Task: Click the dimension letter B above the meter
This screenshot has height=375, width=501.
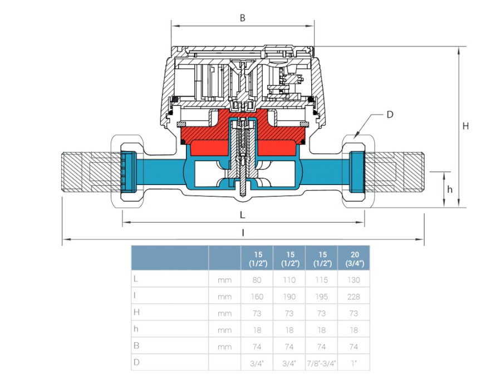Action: pos(242,18)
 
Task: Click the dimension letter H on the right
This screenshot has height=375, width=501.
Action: pos(465,126)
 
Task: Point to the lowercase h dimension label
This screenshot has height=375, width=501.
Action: pos(450,189)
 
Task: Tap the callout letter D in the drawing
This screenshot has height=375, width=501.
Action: pos(390,114)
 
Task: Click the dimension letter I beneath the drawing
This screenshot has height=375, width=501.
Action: pos(243,233)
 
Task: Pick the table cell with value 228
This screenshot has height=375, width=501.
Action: pos(353,297)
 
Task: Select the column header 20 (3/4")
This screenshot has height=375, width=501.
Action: pos(353,258)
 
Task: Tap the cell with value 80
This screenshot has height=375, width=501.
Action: pos(257,280)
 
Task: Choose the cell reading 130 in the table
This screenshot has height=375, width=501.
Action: pos(353,280)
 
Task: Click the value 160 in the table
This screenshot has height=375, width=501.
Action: pos(257,297)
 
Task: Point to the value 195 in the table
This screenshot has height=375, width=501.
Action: pos(321,297)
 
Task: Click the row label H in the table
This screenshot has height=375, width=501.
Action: pos(136,313)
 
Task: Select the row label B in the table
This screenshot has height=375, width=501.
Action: pos(136,346)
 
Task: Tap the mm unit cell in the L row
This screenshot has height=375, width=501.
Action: pos(224,280)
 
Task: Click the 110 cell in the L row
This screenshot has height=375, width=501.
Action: pos(289,280)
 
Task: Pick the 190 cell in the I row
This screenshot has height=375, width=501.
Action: pos(289,297)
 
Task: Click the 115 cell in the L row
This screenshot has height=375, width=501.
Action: pos(321,280)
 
